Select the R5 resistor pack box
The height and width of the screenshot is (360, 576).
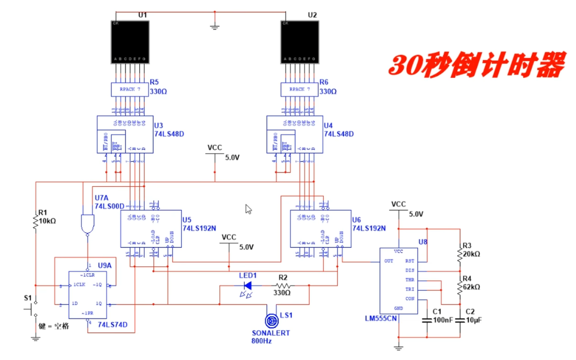pyautogui.click(x=130, y=90)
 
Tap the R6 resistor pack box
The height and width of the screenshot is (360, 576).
pyautogui.click(x=299, y=90)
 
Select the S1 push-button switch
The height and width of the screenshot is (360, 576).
pyautogui.click(x=32, y=309)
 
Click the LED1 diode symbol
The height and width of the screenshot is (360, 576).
pyautogui.click(x=248, y=286)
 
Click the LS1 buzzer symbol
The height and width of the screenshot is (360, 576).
pyautogui.click(x=271, y=322)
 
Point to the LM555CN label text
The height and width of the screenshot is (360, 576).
pyautogui.click(x=381, y=319)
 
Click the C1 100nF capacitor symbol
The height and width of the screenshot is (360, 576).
pyautogui.click(x=427, y=321)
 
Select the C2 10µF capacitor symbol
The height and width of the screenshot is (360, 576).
pyautogui.click(x=459, y=321)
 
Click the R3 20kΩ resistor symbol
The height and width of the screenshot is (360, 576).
pyautogui.click(x=459, y=254)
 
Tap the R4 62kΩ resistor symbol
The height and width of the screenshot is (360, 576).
pyautogui.click(x=459, y=287)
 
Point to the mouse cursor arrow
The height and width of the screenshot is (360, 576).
pyautogui.click(x=248, y=209)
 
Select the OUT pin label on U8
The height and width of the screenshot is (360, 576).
pyautogui.click(x=389, y=262)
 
